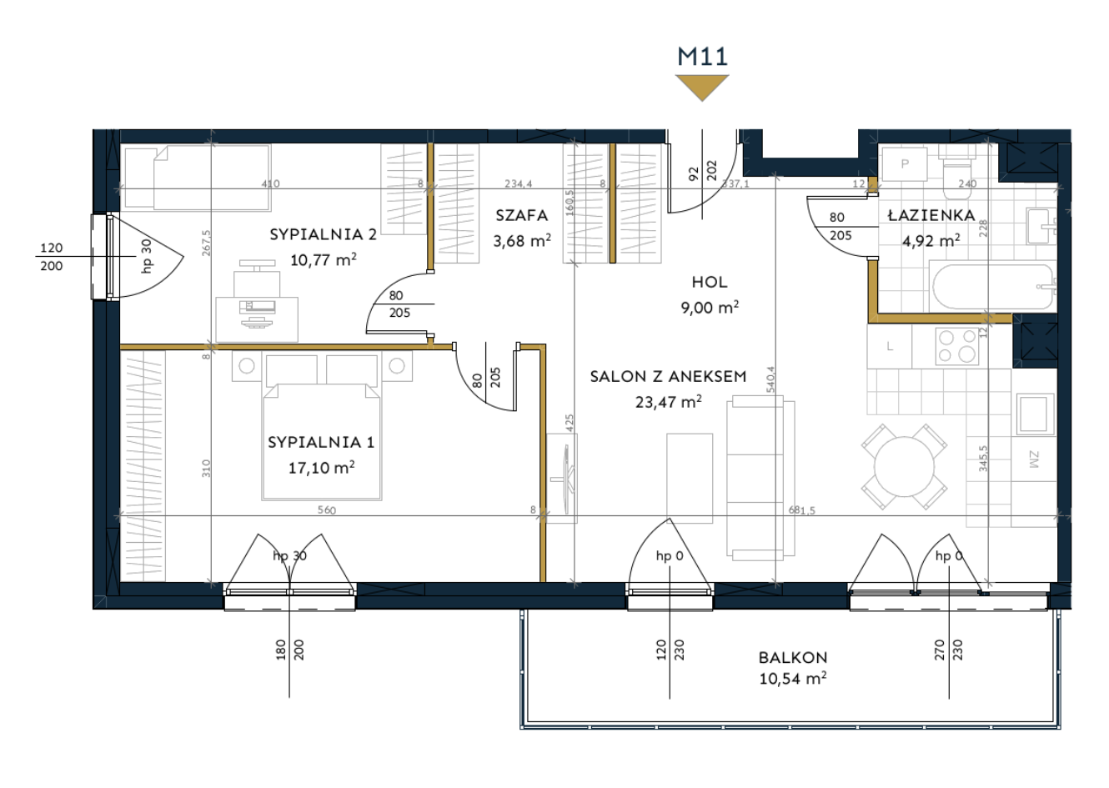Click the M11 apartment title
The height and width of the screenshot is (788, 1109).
coord(702,57)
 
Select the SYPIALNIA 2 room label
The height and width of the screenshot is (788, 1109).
coord(323,234)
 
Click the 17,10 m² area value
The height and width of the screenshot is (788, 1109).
coord(322,467)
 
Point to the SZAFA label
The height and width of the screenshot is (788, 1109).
coord(522,215)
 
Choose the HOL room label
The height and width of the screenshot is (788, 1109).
coord(710,282)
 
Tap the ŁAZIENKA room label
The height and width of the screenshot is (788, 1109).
coord(931,215)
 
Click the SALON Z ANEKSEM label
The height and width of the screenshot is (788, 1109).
coord(668,377)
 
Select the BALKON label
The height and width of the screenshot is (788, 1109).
coord(793,657)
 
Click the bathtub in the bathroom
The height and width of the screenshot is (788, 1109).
coord(993,287)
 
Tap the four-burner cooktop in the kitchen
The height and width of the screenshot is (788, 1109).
coord(957,346)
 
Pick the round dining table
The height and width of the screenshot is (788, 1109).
coord(904,467)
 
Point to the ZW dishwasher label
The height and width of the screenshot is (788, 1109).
coord(1034,459)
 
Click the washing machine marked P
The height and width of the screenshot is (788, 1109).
coord(905,163)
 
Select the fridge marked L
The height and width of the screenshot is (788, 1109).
coord(890,346)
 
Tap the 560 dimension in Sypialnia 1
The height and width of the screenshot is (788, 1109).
coord(326,509)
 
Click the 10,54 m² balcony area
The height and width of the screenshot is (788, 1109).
coord(793,678)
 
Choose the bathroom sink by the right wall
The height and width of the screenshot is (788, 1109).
coord(1041,227)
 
